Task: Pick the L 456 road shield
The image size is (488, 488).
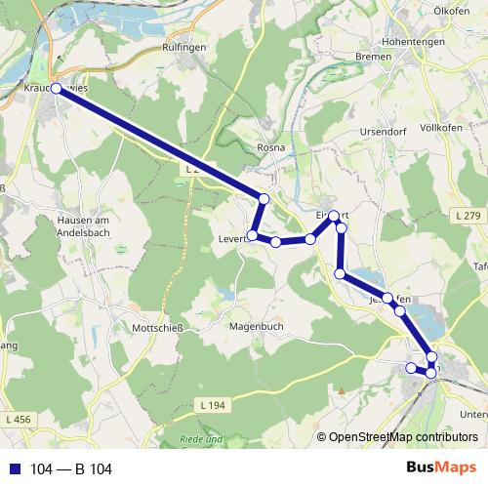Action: pos(16,419)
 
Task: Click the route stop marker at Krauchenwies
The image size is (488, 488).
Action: pos(56,89)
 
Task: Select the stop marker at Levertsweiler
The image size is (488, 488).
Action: pos(253,235)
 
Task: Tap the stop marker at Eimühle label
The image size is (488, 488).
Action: pos(334,216)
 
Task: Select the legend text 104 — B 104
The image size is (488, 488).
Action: pos(70,469)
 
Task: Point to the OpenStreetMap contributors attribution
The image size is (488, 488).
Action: pos(403,437)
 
